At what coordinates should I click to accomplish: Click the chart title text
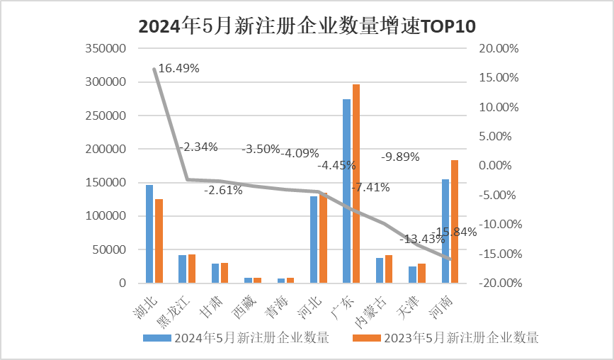click(x=307, y=26)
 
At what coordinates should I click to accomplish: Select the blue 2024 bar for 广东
click(x=346, y=191)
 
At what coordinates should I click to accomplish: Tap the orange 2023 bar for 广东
click(x=356, y=184)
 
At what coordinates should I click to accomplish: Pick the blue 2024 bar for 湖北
click(x=149, y=234)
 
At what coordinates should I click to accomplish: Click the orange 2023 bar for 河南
click(x=455, y=221)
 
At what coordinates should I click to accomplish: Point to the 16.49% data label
click(x=178, y=69)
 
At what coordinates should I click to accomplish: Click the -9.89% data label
click(x=401, y=157)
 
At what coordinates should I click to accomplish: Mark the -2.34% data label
click(x=198, y=147)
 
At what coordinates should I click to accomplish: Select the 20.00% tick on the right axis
click(x=499, y=49)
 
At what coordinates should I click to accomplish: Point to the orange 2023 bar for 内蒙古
click(x=388, y=269)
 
